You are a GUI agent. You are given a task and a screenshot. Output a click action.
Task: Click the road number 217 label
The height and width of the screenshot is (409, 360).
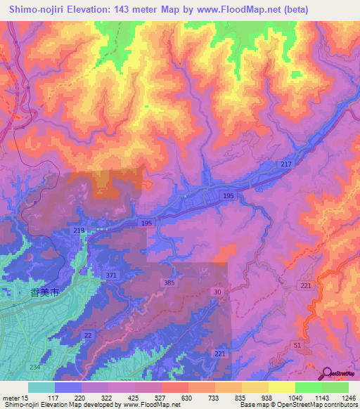286,164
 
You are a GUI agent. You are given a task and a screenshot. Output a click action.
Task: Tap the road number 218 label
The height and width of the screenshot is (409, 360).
79,231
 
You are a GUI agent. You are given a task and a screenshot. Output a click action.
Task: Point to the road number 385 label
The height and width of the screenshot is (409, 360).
168,283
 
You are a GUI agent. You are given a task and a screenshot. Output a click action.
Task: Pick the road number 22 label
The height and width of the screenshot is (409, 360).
88,335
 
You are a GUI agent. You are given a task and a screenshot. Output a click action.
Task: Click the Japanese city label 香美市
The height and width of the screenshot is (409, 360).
34,291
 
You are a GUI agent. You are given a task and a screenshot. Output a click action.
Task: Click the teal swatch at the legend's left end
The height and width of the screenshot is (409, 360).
41,387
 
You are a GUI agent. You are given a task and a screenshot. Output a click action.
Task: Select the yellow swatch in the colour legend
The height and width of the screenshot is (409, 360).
282,387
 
